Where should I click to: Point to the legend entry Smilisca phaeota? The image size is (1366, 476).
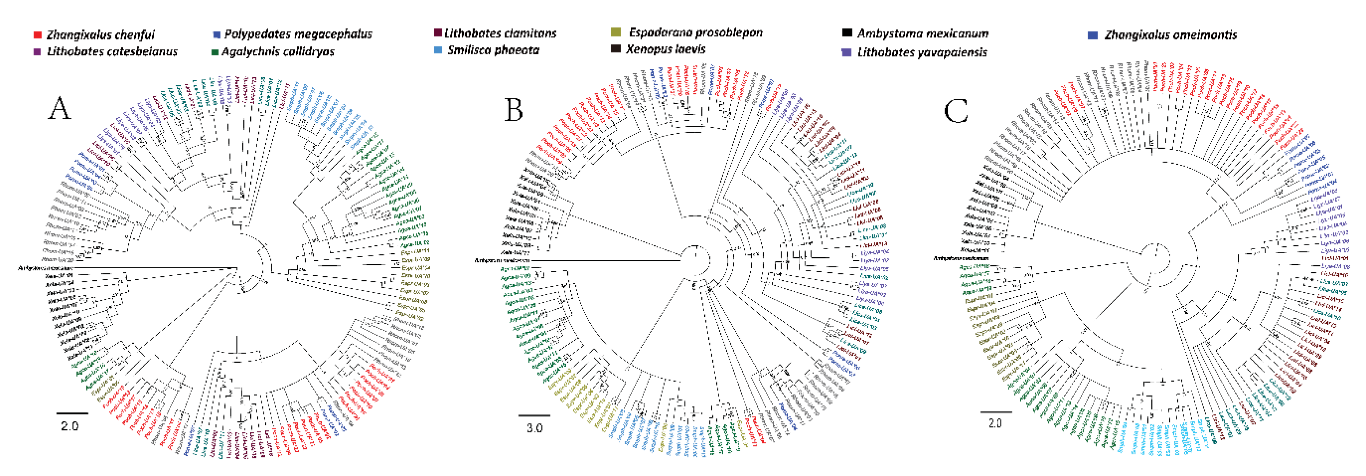coord(493,50)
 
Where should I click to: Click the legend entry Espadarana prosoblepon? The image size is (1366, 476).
coord(695,32)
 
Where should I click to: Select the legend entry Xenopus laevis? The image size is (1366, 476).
coord(665,49)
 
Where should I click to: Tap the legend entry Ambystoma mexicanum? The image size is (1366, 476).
coord(922,34)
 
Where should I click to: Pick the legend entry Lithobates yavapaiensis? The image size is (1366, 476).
coord(921,52)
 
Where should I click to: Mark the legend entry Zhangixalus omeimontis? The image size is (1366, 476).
coord(1170,35)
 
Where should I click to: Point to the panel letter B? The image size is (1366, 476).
coord(513,110)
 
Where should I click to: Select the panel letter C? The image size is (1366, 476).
coord(956,112)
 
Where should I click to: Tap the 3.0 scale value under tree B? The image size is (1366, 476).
coord(534,428)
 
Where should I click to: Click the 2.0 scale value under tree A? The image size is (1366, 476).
coord(70,426)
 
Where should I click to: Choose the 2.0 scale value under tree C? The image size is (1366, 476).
coord(995,423)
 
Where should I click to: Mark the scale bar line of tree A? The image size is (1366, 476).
coord(72,413)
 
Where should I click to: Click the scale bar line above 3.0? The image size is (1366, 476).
coord(534,415)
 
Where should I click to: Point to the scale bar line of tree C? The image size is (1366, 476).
coord(996,411)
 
